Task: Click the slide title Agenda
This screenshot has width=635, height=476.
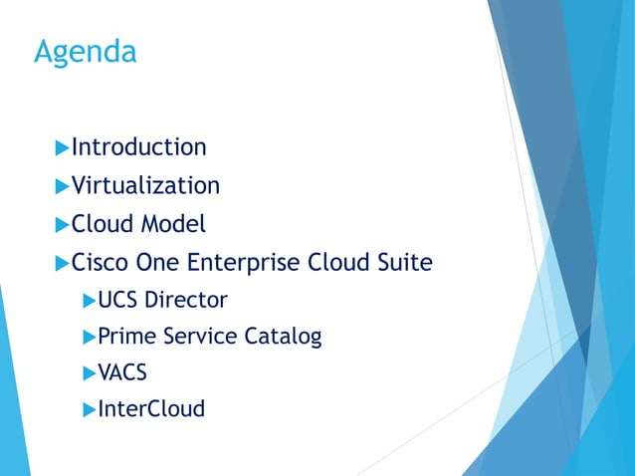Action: coord(85,52)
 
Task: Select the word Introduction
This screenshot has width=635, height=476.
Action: coord(139,147)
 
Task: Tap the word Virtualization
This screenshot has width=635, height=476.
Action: coord(145,186)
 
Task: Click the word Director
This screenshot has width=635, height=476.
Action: coord(186,300)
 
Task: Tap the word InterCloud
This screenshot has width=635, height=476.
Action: coord(151,409)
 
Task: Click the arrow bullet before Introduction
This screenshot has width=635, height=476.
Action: coord(62,148)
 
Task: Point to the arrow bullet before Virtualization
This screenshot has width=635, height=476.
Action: coord(62,186)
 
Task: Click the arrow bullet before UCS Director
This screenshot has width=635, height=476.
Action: coord(89,300)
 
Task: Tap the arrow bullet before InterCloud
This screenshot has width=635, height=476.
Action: coord(89,409)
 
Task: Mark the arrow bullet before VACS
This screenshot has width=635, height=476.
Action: coord(89,373)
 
